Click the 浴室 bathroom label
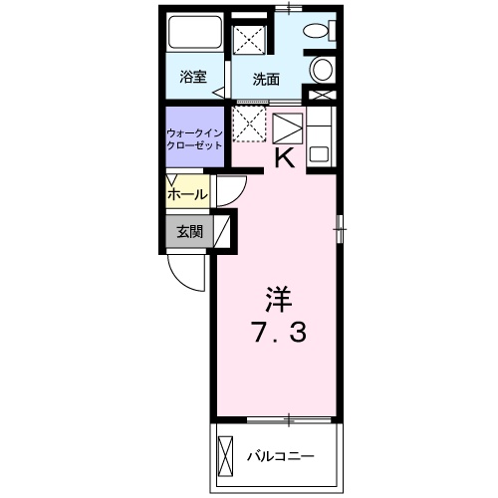pos(193,77)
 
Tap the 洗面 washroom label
pos(266,80)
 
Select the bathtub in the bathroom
pos(195,32)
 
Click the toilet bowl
pos(316,30)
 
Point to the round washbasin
pos(321,69)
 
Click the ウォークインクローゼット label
pos(194,139)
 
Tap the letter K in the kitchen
pos(285,158)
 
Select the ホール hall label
pos(187,194)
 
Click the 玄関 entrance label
pos(189,231)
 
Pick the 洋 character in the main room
pos(278,299)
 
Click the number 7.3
pos(278,333)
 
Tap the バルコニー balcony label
pos(280,456)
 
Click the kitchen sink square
pos(319,153)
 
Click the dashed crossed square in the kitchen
pos(249,124)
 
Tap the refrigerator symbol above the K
pos(288,128)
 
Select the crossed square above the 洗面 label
pos(249,39)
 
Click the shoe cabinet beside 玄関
pos(222,231)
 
